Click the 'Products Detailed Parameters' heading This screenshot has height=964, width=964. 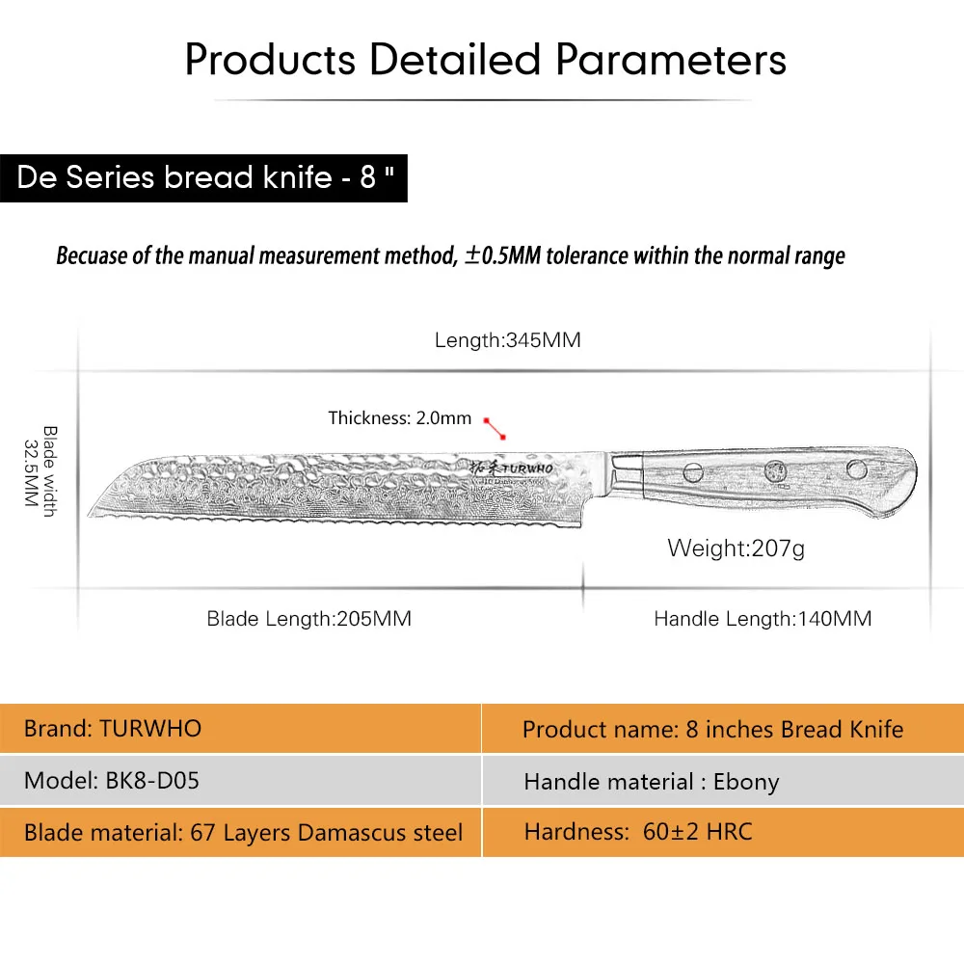[486, 60]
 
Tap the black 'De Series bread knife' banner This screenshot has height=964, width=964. [203, 177]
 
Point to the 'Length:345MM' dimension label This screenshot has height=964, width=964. [508, 340]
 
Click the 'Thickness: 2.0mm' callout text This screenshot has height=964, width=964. [400, 418]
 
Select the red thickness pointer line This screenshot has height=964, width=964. [495, 429]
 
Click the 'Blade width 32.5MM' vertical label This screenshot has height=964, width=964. [40, 471]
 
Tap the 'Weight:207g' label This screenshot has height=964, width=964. [736, 548]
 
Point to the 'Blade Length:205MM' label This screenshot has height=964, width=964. [308, 618]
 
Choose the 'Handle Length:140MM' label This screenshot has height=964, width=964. [763, 618]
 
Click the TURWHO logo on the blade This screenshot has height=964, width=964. [512, 469]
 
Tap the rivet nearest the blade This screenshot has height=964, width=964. [693, 472]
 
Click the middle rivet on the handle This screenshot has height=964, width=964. [775, 471]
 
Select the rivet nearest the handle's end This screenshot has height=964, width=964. [857, 469]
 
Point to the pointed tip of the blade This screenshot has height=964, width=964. [89, 514]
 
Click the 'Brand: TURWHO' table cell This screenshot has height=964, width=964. [240, 729]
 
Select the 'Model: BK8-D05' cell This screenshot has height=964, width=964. [240, 780]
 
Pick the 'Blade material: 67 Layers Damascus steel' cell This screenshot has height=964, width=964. [240, 833]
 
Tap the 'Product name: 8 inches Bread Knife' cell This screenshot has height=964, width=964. [724, 729]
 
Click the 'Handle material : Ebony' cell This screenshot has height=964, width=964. [724, 780]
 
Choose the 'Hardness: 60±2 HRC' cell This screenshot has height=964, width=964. [724, 833]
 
